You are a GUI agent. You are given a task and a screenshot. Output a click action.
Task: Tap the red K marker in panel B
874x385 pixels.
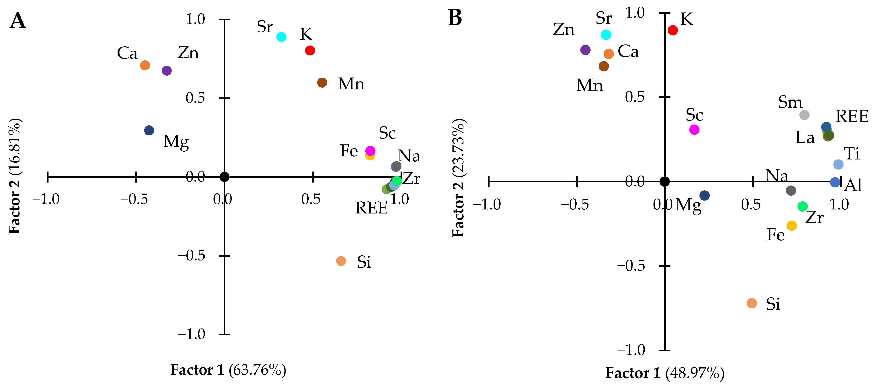click(x=673, y=30)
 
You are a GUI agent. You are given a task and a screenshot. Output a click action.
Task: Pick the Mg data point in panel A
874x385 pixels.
click(x=149, y=130)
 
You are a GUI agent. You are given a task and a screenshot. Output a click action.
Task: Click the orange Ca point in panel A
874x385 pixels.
click(x=145, y=65)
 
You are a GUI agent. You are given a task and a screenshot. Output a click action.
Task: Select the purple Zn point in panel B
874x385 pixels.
click(x=585, y=50)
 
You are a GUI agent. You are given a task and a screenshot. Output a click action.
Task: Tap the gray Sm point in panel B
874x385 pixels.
click(x=804, y=115)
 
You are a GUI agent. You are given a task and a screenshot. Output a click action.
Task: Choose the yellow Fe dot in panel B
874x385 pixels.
click(x=792, y=226)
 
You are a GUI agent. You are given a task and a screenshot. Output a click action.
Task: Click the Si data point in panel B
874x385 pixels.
click(x=752, y=303)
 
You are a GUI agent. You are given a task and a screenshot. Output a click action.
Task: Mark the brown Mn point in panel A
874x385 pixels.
click(x=322, y=82)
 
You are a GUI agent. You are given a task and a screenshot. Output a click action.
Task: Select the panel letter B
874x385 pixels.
click(x=455, y=18)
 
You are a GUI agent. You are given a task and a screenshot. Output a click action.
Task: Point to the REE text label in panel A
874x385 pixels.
click(x=371, y=208)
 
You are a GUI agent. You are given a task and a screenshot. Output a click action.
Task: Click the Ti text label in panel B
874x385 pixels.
click(x=852, y=154)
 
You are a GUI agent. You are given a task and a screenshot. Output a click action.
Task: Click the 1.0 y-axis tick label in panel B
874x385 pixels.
click(x=635, y=13)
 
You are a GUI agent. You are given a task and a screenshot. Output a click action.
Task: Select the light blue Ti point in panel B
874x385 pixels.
click(x=838, y=165)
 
